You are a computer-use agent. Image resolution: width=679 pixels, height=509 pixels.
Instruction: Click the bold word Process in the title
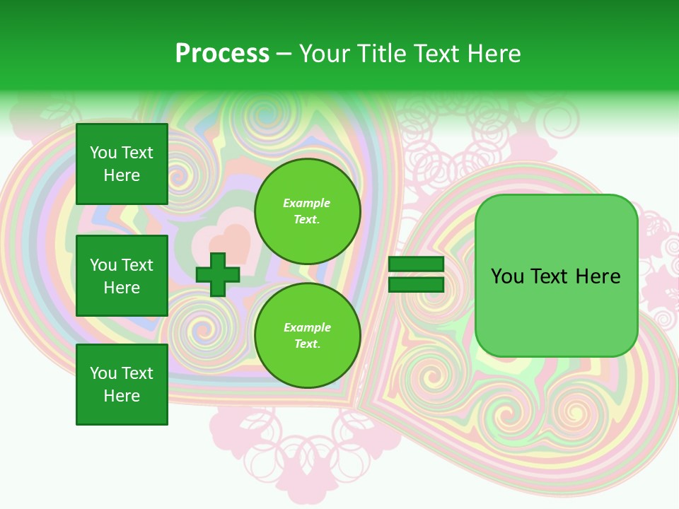click(x=222, y=54)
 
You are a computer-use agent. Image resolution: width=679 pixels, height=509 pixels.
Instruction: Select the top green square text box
click(x=122, y=164)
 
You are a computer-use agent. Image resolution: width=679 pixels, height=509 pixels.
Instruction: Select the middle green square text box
click(x=122, y=276)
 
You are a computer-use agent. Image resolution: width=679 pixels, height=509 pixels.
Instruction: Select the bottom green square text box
click(x=122, y=385)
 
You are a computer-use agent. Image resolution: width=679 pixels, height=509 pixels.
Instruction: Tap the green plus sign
click(x=218, y=274)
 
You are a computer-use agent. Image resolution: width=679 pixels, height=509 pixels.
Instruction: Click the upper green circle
click(x=307, y=211)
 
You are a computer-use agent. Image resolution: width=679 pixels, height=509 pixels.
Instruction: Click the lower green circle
click(x=307, y=336)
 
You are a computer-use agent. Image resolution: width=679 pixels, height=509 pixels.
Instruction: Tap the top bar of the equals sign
click(x=416, y=264)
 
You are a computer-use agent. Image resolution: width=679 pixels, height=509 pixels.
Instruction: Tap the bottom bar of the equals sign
click(x=416, y=285)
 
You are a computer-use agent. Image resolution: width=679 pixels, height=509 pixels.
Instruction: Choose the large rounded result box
click(x=556, y=276)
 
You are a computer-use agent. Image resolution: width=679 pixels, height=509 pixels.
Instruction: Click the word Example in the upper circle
click(x=307, y=204)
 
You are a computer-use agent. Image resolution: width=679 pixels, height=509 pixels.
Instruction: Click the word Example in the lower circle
click(x=307, y=328)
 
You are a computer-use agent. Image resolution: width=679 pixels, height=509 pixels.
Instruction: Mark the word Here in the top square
click(x=122, y=175)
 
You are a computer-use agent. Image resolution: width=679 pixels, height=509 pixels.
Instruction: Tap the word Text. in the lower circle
click(x=307, y=344)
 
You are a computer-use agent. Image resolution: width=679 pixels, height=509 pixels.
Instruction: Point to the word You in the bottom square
click(x=103, y=373)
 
